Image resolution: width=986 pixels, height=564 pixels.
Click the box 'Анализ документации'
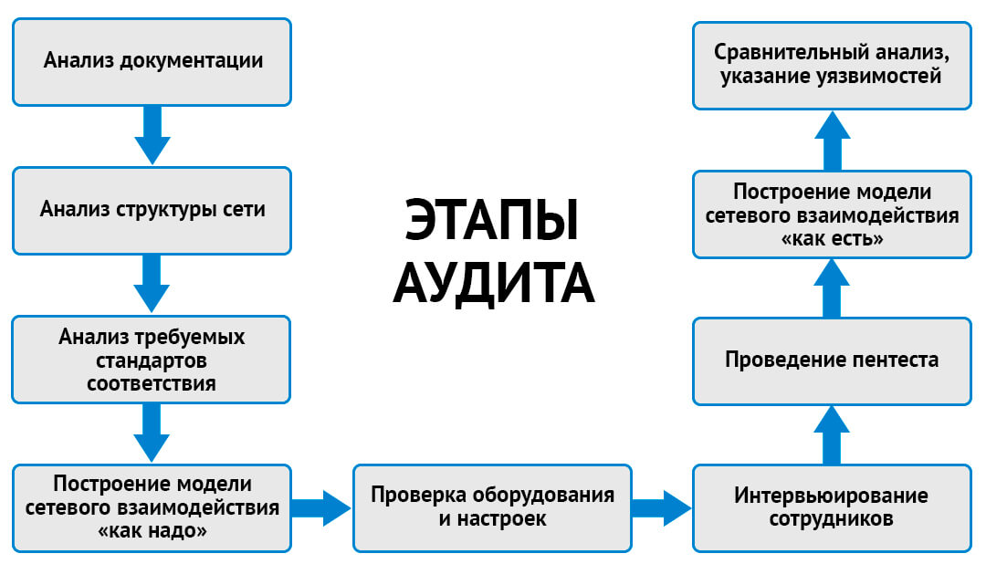pyautogui.click(x=152, y=61)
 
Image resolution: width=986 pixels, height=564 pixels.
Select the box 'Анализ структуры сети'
pyautogui.click(x=152, y=209)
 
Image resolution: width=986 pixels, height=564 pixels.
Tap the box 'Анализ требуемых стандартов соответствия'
pyautogui.click(x=152, y=359)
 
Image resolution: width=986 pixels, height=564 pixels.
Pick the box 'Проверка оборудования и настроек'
pyautogui.click(x=491, y=507)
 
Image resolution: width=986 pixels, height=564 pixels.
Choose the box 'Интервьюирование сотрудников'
pyautogui.click(x=831, y=507)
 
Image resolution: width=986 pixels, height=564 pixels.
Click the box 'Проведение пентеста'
pyautogui.click(x=831, y=360)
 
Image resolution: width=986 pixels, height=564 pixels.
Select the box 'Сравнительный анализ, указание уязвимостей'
pyautogui.click(x=831, y=64)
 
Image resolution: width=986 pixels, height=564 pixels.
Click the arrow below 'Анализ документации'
pyautogui.click(x=152, y=134)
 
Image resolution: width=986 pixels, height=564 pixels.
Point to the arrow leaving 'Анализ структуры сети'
pyautogui.click(x=152, y=283)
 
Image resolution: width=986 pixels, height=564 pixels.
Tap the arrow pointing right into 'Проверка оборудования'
pyautogui.click(x=322, y=507)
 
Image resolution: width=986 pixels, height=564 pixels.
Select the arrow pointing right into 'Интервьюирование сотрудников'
pyautogui.click(x=661, y=507)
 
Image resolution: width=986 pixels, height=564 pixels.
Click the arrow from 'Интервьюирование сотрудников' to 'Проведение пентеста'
pyautogui.click(x=831, y=435)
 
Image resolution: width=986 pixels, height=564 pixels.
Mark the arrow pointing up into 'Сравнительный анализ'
pyautogui.click(x=831, y=139)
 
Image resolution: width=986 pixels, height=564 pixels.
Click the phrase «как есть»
pyautogui.click(x=831, y=238)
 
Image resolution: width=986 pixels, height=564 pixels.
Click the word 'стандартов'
pyautogui.click(x=152, y=360)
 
